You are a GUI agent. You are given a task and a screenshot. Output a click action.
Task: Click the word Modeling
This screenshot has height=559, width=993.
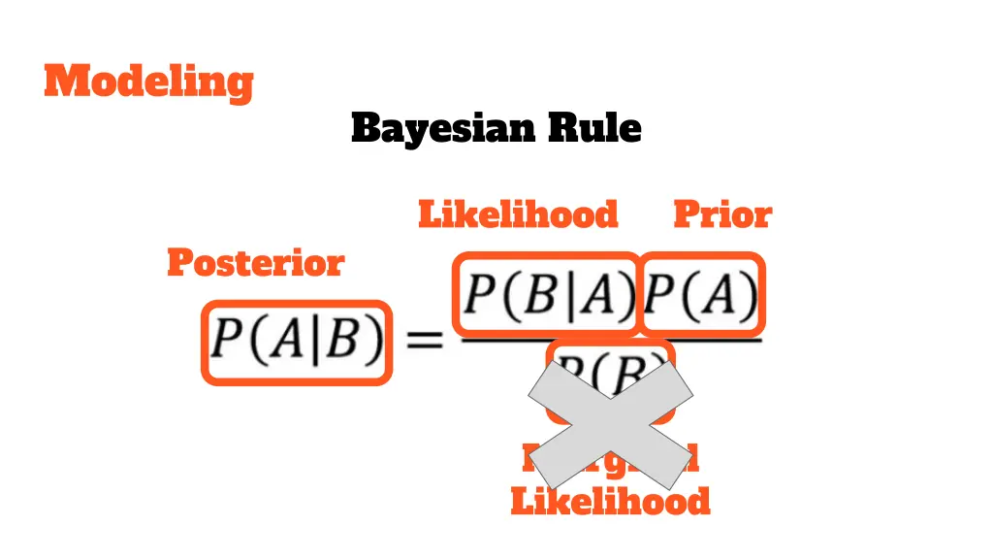[148, 82]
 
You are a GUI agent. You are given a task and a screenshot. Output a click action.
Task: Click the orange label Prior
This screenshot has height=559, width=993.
[722, 214]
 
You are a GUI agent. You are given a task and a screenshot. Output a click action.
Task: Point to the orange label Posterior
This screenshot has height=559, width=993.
[255, 262]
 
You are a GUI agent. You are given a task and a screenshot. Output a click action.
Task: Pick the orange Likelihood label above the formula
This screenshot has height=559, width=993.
[518, 214]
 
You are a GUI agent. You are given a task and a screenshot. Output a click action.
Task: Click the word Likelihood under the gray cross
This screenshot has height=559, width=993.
[610, 502]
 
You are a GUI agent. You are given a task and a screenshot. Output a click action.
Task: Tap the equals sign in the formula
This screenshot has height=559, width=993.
[424, 341]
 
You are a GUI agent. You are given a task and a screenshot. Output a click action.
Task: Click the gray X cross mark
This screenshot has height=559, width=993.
[610, 423]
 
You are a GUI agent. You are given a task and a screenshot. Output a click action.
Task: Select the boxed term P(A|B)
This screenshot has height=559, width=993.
[297, 342]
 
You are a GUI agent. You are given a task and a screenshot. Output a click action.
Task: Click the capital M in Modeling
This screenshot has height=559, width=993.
[65, 82]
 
